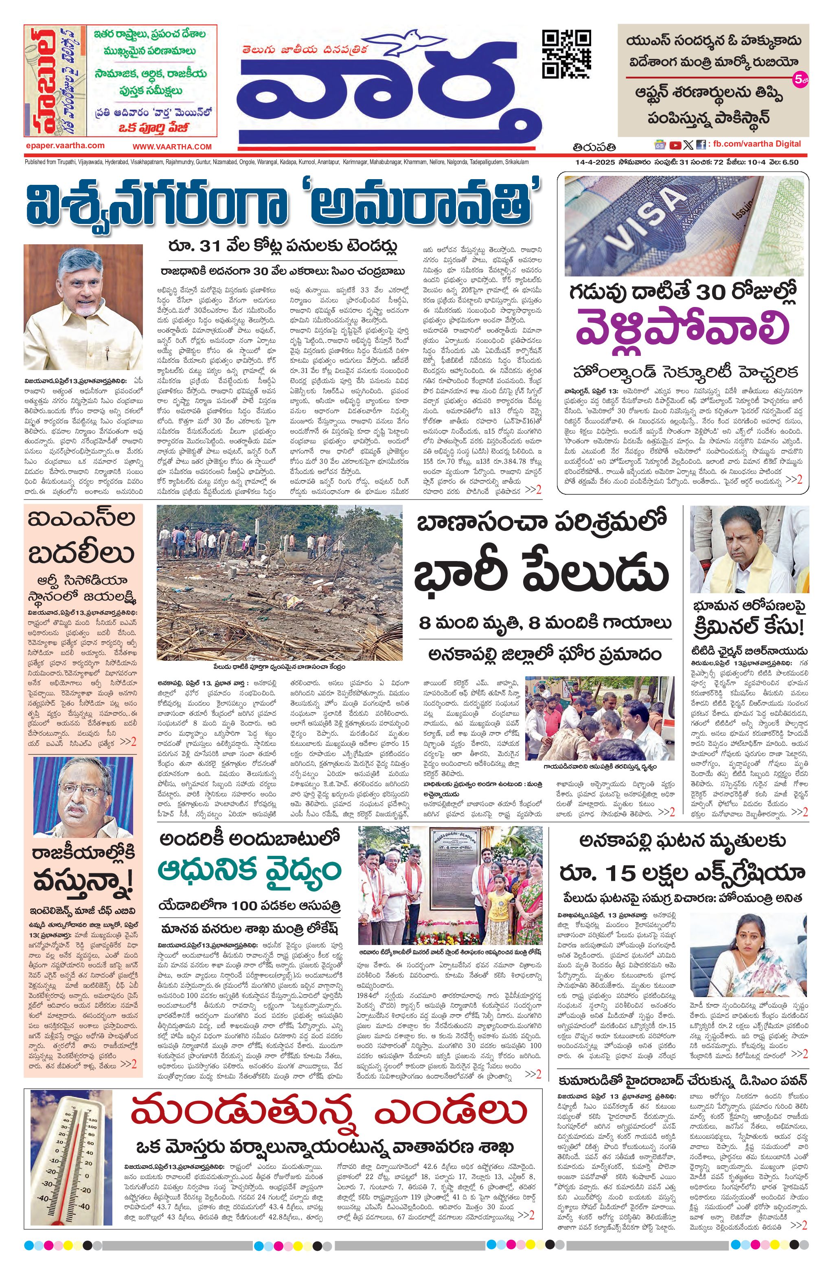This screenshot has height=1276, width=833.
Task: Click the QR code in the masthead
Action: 567,54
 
